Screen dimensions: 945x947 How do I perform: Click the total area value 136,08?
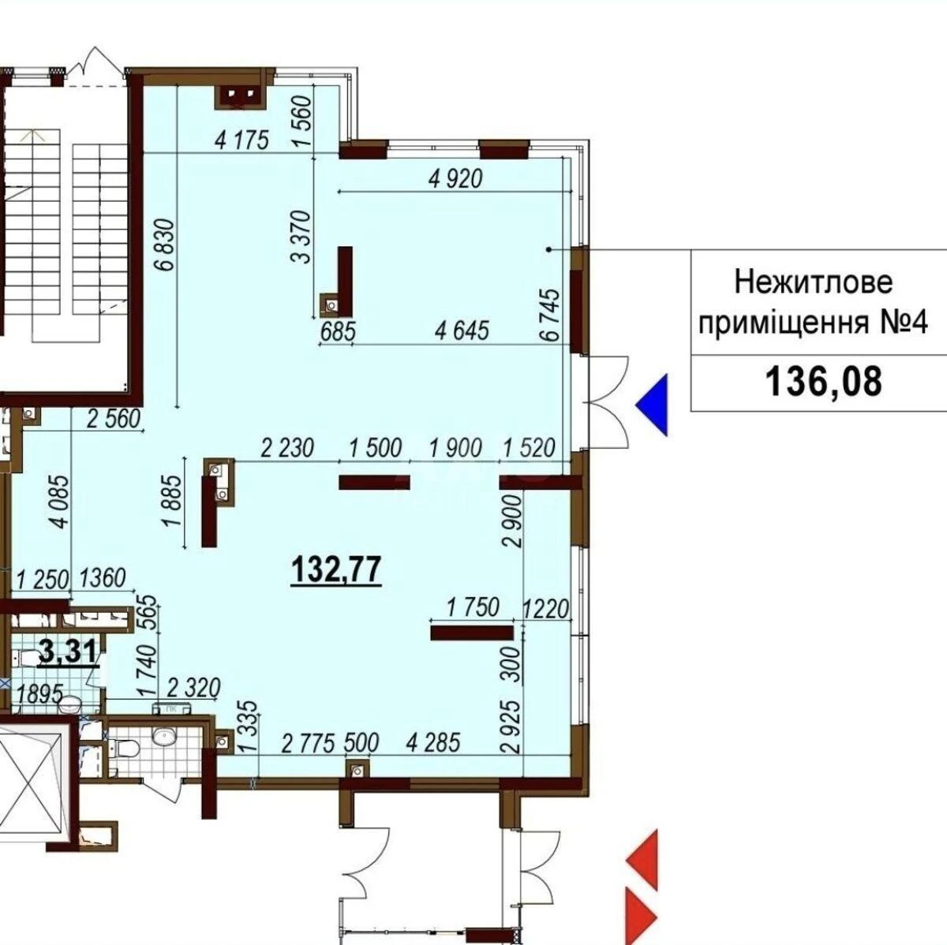tap(822, 383)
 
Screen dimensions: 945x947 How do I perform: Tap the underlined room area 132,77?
tap(337, 567)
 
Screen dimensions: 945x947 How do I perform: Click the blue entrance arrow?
tap(654, 405)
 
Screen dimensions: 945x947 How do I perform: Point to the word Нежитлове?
tap(814, 281)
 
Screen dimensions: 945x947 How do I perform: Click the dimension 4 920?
tap(455, 179)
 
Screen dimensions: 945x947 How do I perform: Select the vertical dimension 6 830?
tap(165, 244)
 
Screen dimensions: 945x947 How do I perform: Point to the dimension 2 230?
tap(287, 448)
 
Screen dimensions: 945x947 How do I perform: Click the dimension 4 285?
tap(432, 742)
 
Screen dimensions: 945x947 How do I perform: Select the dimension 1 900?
tap(455, 448)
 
